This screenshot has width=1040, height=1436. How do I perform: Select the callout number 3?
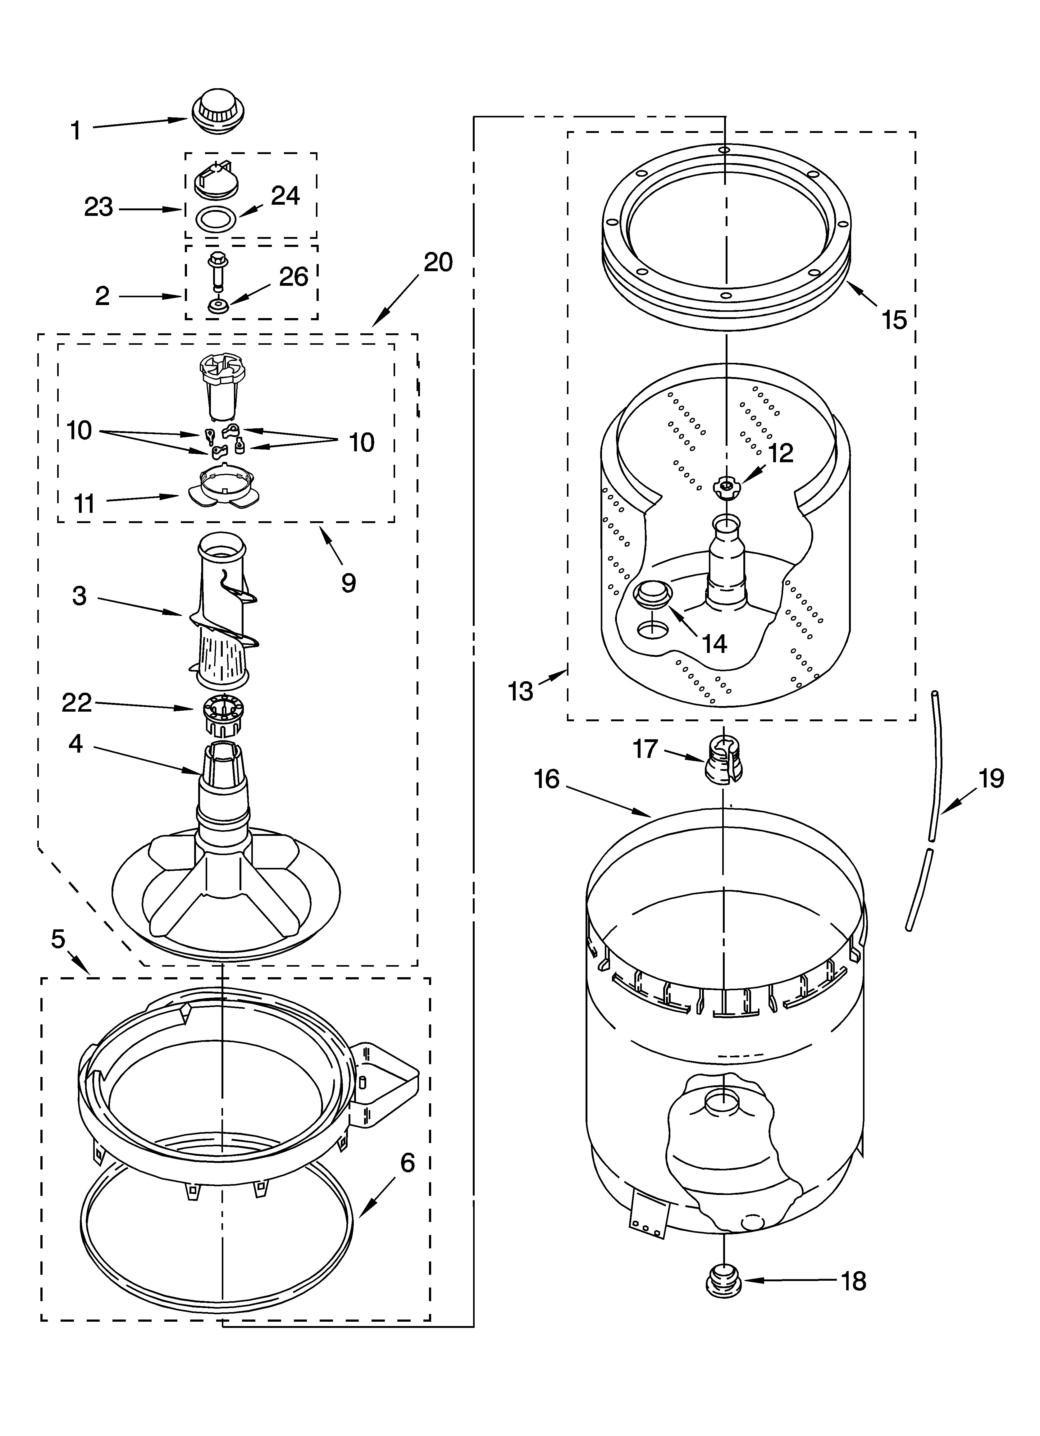[x=79, y=596]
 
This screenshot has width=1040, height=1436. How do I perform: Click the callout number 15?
[x=894, y=320]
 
